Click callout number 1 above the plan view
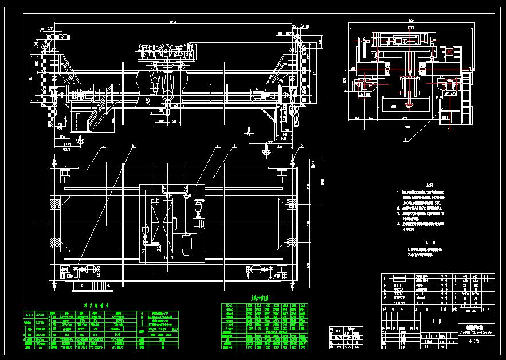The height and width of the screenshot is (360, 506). tap(104, 146)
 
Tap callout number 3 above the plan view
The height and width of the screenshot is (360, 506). tap(218, 146)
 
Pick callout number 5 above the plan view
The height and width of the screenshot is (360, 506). tap(299, 146)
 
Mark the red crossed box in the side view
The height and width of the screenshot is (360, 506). tap(450, 52)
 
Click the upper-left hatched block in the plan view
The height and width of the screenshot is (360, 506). tap(56, 203)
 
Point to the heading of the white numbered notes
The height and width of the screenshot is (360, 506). tap(430, 185)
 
